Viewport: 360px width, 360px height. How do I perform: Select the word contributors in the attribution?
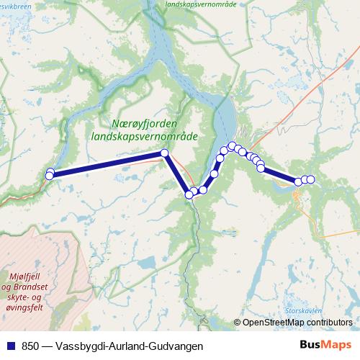[x=329, y=323]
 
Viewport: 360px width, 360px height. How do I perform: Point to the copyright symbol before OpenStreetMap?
[x=237, y=323]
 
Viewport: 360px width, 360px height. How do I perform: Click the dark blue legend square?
[x=8, y=346]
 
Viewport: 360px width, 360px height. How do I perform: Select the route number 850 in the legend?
[x=27, y=346]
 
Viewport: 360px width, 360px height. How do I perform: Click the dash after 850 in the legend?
[x=45, y=346]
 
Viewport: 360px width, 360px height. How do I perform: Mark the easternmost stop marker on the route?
[x=310, y=179]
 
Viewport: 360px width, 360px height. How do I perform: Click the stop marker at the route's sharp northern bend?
[x=164, y=153]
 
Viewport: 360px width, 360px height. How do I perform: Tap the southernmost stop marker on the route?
[x=189, y=194]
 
